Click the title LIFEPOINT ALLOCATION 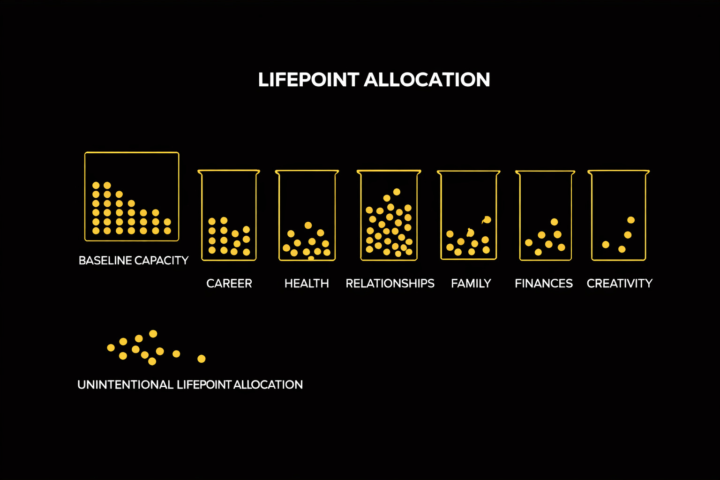(374, 80)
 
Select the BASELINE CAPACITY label (134, 261)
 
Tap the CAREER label (229, 284)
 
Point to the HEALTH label (307, 284)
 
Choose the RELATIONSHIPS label (390, 284)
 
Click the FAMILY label (471, 284)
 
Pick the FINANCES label (544, 284)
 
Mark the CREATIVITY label (619, 284)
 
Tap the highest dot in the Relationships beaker (397, 192)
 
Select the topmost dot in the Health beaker (308, 225)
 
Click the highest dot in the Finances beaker (554, 222)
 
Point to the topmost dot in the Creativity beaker (631, 220)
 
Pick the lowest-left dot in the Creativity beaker (606, 244)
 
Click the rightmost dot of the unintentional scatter (202, 359)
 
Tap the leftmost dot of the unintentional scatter (111, 348)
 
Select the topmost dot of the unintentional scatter (153, 334)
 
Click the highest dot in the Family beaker (487, 219)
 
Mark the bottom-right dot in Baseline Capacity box (167, 231)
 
